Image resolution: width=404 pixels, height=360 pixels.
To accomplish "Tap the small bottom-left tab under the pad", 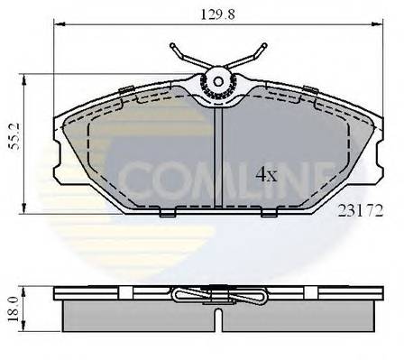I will pos(167,214).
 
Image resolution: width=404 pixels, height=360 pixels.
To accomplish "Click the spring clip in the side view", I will pos(218,295).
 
